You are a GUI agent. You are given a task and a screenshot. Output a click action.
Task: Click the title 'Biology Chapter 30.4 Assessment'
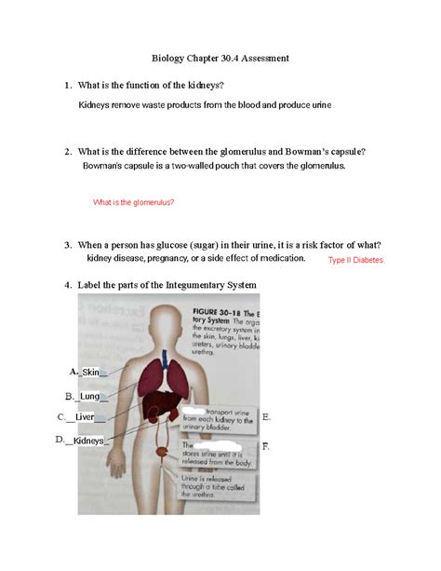(221, 58)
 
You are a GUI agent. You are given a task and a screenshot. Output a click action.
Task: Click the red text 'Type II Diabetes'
(355, 261)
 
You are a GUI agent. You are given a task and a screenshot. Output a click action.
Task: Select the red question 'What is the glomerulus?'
(135, 202)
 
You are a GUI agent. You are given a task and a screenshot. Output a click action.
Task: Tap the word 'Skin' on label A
(90, 373)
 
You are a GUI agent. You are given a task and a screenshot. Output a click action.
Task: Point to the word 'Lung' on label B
(90, 396)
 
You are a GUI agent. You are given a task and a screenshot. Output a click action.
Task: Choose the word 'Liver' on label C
(86, 417)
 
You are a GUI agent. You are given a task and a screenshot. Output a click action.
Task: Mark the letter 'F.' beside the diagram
(266, 446)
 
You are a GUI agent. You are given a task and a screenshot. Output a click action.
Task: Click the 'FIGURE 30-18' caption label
(217, 309)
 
